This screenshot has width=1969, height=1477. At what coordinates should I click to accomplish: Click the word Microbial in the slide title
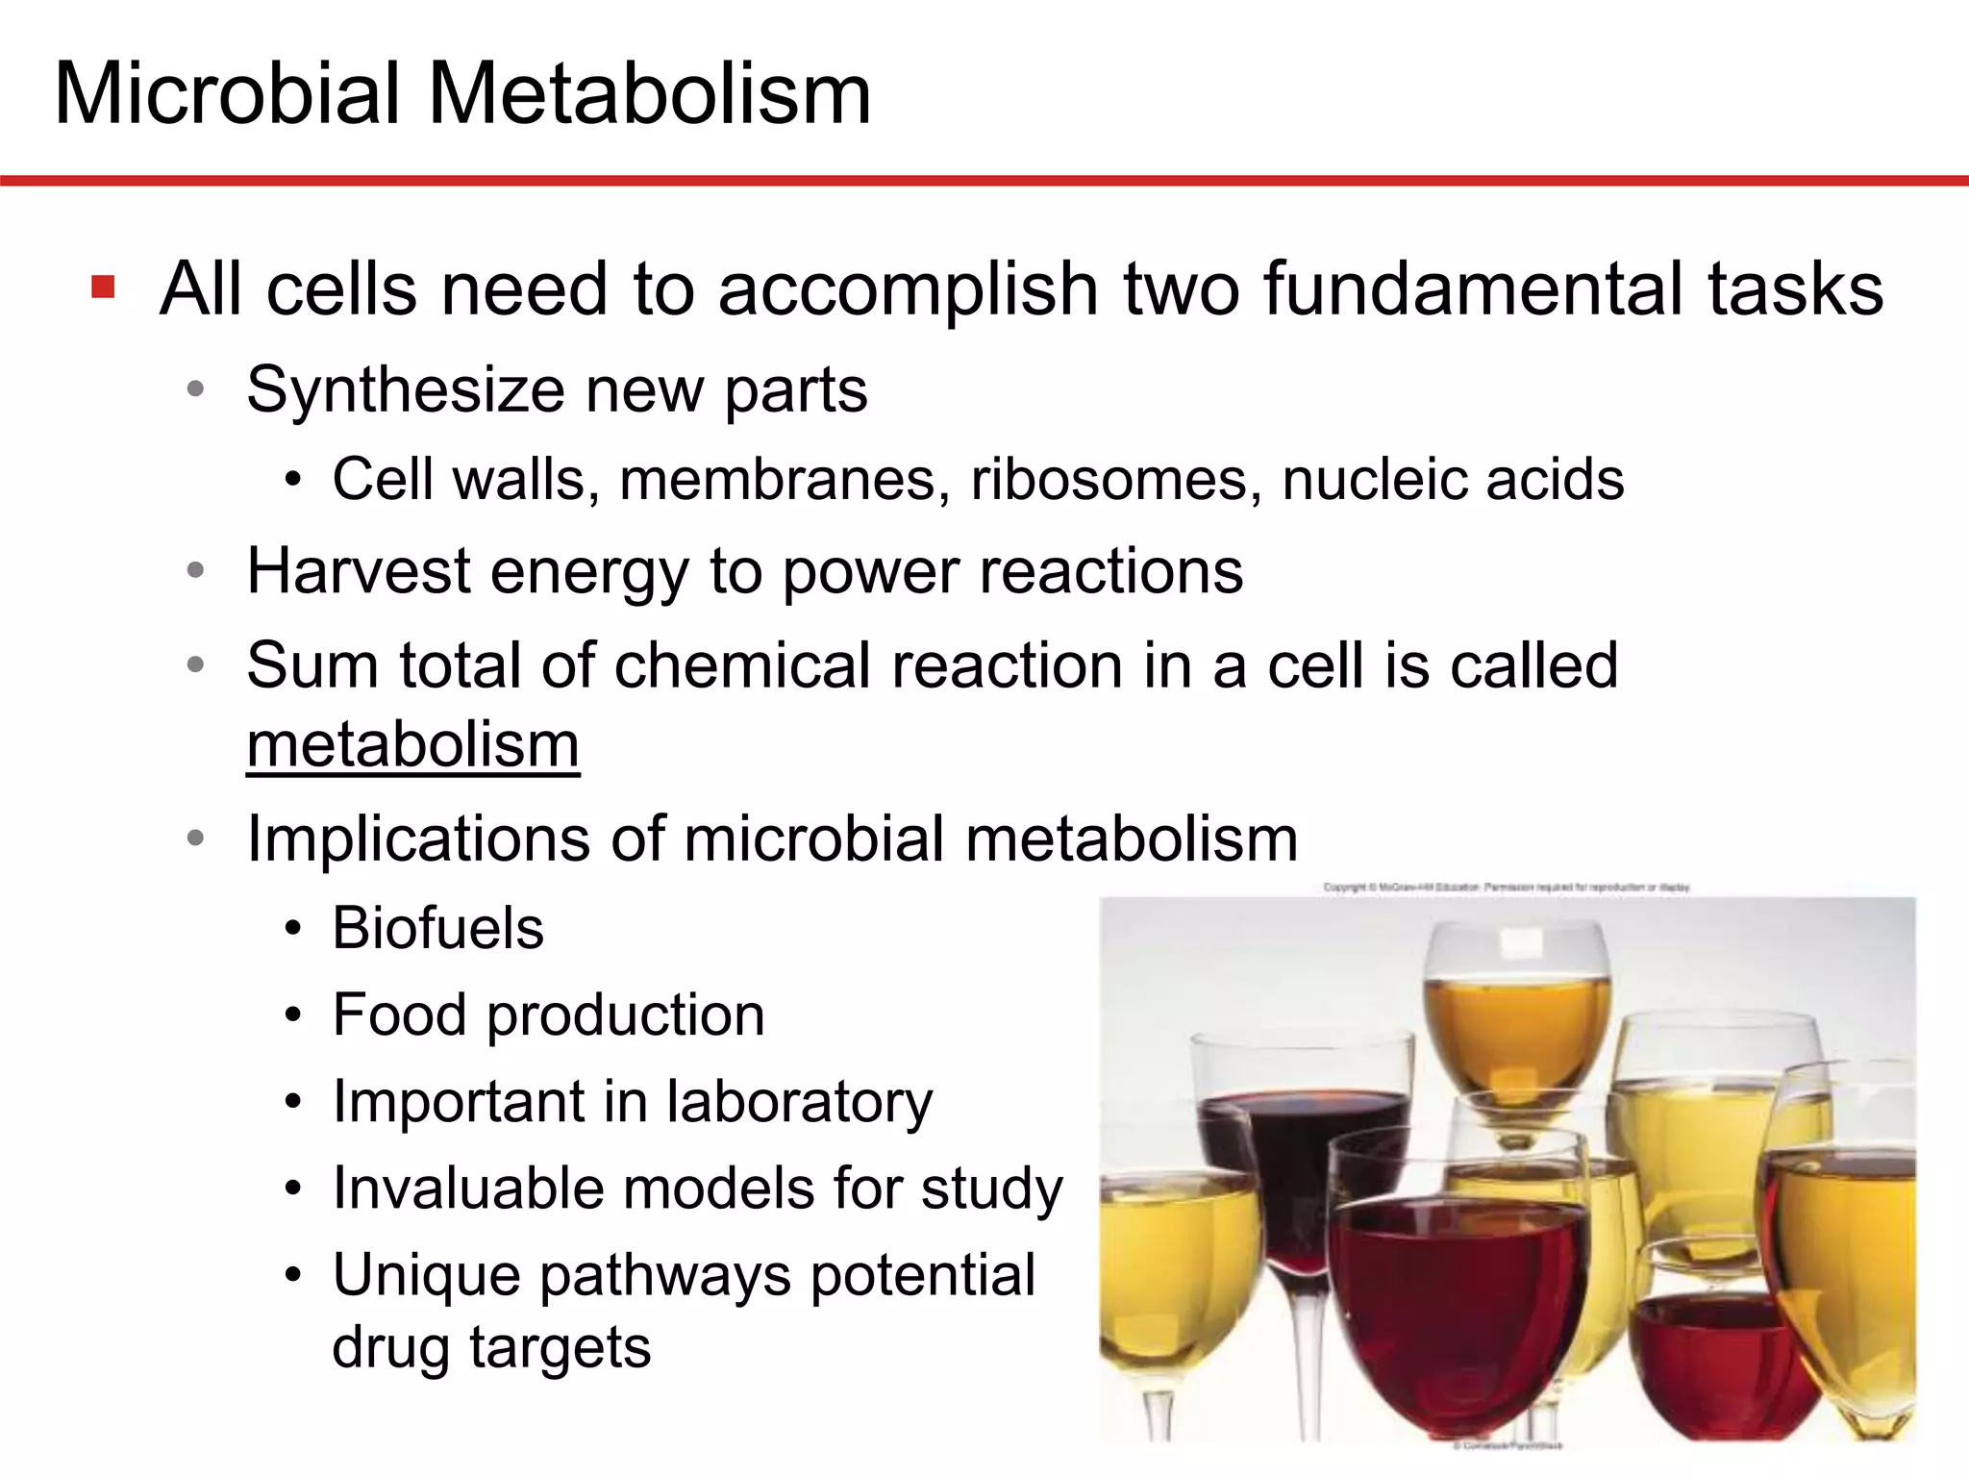[226, 93]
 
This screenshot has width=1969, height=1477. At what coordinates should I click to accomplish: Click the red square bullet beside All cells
[103, 287]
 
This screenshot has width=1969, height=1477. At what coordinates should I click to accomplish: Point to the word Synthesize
[404, 390]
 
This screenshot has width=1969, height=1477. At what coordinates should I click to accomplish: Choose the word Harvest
[358, 571]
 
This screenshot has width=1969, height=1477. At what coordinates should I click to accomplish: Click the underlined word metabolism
[413, 745]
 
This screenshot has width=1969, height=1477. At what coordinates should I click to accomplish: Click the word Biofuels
[438, 929]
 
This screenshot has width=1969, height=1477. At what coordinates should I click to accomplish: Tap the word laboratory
[800, 1102]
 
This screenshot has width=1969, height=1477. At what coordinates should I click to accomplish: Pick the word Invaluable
[464, 1189]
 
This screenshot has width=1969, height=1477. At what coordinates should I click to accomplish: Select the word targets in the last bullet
[561, 1347]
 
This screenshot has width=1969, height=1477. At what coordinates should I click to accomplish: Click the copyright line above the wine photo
[1506, 888]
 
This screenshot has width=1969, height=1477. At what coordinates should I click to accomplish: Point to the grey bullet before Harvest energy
[196, 572]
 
